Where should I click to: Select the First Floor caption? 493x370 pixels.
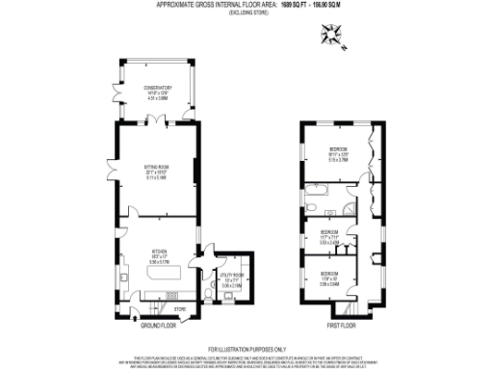(342, 326)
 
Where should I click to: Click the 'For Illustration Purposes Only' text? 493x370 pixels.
(246, 348)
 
